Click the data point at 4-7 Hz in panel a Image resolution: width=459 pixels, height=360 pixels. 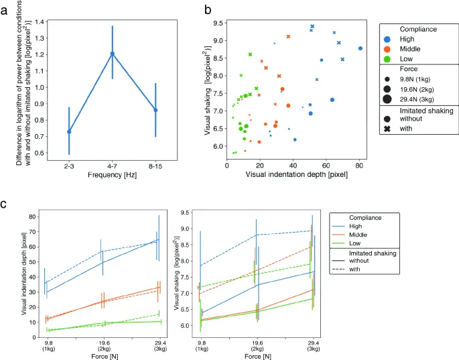(113, 54)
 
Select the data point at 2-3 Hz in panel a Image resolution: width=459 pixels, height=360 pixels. (69, 131)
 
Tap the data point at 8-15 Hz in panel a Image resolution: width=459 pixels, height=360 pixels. (155, 110)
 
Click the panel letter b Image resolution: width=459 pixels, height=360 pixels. (208, 10)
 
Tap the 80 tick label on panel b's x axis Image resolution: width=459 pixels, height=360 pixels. (359, 165)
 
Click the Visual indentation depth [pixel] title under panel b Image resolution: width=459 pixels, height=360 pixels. (296, 174)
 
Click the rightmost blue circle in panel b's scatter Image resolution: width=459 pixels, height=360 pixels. (360, 48)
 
